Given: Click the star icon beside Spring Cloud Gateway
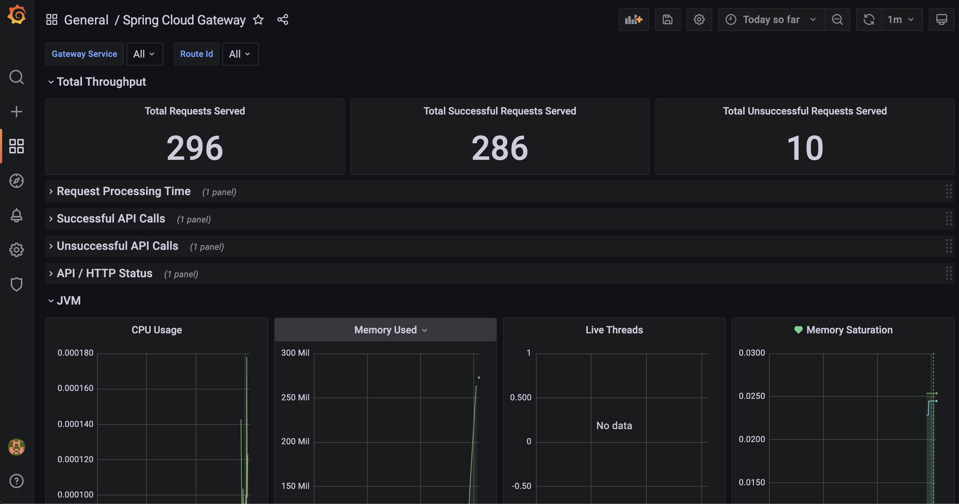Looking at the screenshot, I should click(258, 20).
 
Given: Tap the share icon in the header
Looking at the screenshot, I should click(283, 20).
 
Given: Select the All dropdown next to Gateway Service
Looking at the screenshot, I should click(145, 54).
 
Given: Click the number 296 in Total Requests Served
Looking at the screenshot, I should click(195, 148).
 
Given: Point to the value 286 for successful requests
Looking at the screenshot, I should click(500, 148).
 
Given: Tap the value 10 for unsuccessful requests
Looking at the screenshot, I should click(805, 148).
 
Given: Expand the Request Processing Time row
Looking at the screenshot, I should click(124, 192).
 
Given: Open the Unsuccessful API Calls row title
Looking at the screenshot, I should click(117, 246).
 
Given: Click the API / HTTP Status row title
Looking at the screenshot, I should click(105, 273).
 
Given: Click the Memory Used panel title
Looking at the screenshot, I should click(385, 330).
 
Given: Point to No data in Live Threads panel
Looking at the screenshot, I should click(614, 426).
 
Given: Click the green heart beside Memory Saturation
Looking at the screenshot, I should click(798, 330).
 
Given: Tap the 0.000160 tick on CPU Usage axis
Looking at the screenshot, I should click(75, 388).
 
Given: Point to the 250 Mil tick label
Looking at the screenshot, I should click(295, 397).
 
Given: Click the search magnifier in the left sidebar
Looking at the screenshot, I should click(17, 77).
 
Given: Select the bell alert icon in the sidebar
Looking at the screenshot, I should click(17, 215).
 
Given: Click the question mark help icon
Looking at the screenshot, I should click(17, 481).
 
